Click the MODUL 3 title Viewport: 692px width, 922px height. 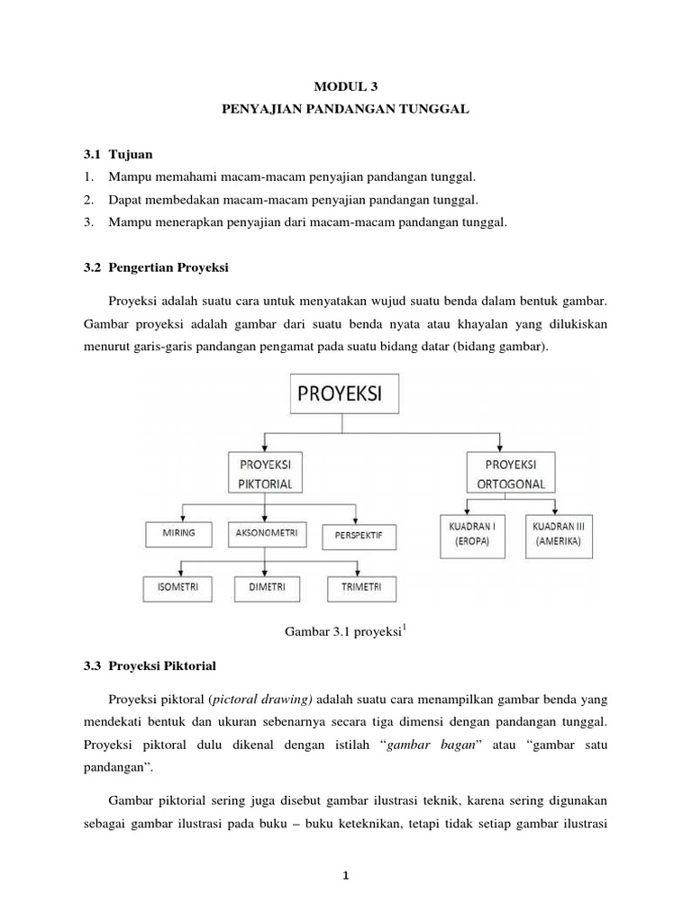[346, 86]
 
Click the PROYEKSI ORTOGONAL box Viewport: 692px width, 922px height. [511, 472]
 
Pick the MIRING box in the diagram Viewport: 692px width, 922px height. [178, 534]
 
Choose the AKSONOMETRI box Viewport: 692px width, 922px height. [263, 534]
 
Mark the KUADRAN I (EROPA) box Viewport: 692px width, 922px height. [469, 533]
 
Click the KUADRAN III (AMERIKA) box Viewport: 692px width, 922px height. [556, 533]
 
